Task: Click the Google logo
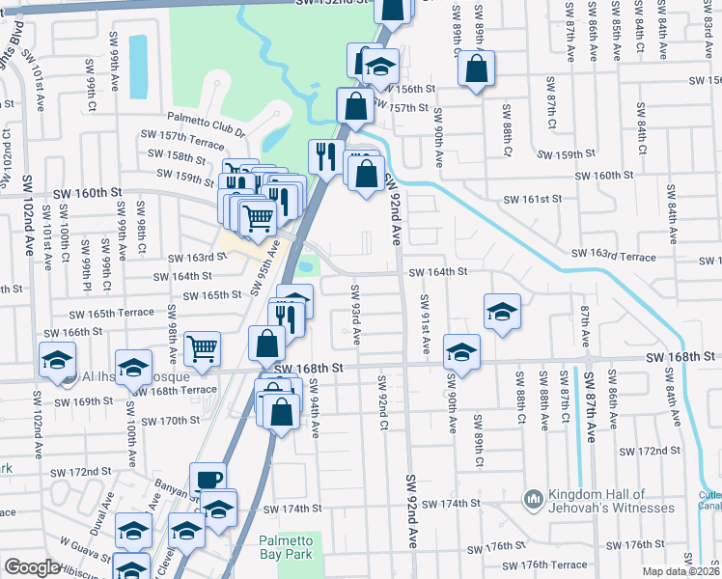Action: [x=32, y=567]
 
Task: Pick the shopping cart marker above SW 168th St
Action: [x=202, y=348]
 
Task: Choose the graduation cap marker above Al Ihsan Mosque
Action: [x=133, y=366]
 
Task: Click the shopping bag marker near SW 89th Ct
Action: [x=476, y=69]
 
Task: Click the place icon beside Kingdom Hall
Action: [x=532, y=499]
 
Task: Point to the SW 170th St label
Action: [x=169, y=421]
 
